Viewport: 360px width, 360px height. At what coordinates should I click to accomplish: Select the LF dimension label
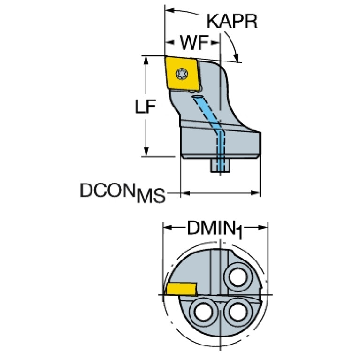point(146,108)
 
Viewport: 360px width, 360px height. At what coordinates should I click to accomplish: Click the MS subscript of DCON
point(151,196)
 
